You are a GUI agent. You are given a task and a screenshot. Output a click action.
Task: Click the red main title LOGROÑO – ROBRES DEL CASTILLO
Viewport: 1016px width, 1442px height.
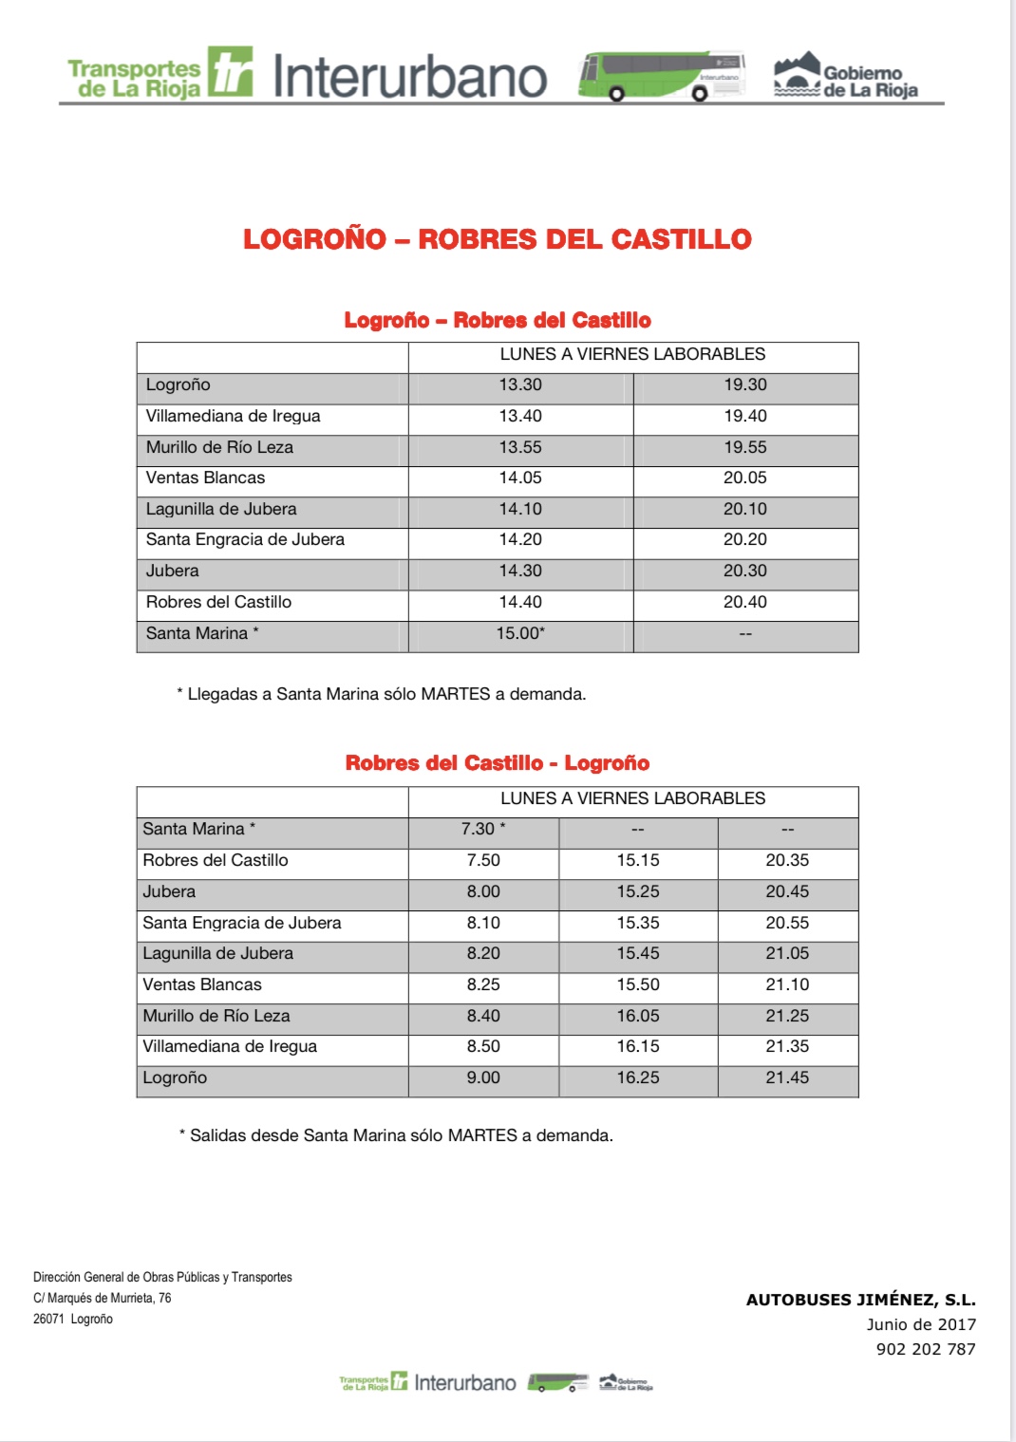[x=497, y=239]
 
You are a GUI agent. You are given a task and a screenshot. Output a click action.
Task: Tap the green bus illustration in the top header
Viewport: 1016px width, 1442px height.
[x=661, y=76]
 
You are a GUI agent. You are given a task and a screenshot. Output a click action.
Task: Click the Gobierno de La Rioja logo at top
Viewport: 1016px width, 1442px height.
[x=846, y=76]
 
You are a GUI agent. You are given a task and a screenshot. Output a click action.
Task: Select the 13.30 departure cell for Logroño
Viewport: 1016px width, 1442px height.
[x=520, y=385]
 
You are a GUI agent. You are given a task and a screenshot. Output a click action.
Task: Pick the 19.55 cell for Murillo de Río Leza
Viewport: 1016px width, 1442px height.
[x=745, y=448]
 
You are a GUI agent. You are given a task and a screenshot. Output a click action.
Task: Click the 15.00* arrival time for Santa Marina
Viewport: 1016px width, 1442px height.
[x=520, y=633]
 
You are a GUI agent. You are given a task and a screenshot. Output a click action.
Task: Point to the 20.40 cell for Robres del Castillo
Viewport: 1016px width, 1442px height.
[x=745, y=602]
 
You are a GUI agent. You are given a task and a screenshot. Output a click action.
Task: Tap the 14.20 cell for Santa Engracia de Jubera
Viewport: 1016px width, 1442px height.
[x=520, y=540]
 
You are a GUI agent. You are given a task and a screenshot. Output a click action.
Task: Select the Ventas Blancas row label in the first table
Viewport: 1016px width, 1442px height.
[x=206, y=478]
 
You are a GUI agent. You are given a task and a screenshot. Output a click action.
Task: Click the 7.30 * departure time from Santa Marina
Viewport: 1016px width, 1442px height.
[x=483, y=830]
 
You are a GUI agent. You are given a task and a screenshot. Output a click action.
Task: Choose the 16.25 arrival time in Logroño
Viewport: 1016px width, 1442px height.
[x=638, y=1078]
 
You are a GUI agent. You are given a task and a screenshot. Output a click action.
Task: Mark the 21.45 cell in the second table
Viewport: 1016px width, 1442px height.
[x=787, y=1078]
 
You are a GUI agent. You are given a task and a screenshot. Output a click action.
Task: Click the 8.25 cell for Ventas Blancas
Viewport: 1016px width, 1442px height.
[x=483, y=985]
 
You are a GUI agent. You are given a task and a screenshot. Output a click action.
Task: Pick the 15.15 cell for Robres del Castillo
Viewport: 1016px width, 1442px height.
[x=638, y=861]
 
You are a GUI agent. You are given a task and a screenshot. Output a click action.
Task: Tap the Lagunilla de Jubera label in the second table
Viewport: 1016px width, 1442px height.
[x=218, y=954]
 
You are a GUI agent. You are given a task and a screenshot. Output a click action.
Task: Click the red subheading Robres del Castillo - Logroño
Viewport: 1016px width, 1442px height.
[x=498, y=763]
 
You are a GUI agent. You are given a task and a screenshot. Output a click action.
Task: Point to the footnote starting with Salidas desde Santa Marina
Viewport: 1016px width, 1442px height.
[x=396, y=1135]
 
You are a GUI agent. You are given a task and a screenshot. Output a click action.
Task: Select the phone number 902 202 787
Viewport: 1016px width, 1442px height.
[x=926, y=1350]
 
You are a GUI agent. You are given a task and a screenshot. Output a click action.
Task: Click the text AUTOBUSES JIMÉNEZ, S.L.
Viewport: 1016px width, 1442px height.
[x=860, y=1301]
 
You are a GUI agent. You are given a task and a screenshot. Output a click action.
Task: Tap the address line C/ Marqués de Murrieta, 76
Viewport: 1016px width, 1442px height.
[x=103, y=1299]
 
